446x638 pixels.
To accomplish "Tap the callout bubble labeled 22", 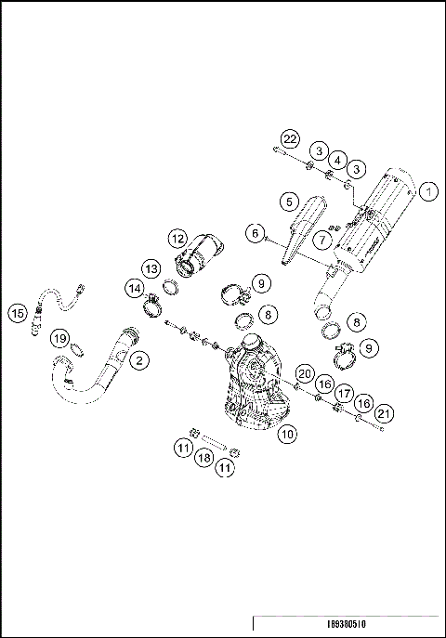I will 290,139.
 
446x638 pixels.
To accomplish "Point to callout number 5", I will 290,202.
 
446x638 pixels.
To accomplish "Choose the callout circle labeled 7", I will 321,239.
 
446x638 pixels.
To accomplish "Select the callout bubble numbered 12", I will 178,238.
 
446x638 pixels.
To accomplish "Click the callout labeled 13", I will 151,268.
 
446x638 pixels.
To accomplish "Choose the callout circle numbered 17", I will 344,393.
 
